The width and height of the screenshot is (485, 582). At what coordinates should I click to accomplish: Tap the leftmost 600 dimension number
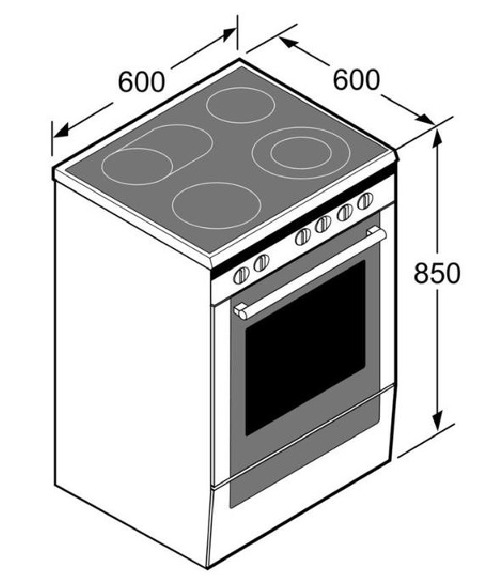pos(141,82)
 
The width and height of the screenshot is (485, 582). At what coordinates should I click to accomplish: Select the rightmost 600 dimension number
pos(356,79)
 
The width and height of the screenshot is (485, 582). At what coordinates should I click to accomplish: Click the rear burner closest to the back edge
pos(241,105)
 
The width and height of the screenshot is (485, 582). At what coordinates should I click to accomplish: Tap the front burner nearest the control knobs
pos(217,203)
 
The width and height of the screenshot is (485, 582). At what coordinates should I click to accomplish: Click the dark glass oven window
pos(305,344)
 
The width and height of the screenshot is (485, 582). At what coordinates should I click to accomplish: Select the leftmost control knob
pos(241,275)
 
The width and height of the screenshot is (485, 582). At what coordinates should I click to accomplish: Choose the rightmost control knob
pos(365,200)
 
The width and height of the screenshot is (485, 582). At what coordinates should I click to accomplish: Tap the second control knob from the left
pos(261,264)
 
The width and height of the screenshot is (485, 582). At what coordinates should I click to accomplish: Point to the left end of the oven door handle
pos(240,311)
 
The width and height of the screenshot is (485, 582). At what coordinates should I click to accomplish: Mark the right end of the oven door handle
pos(381,234)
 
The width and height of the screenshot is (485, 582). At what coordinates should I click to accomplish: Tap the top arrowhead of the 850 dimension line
pos(437,134)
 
